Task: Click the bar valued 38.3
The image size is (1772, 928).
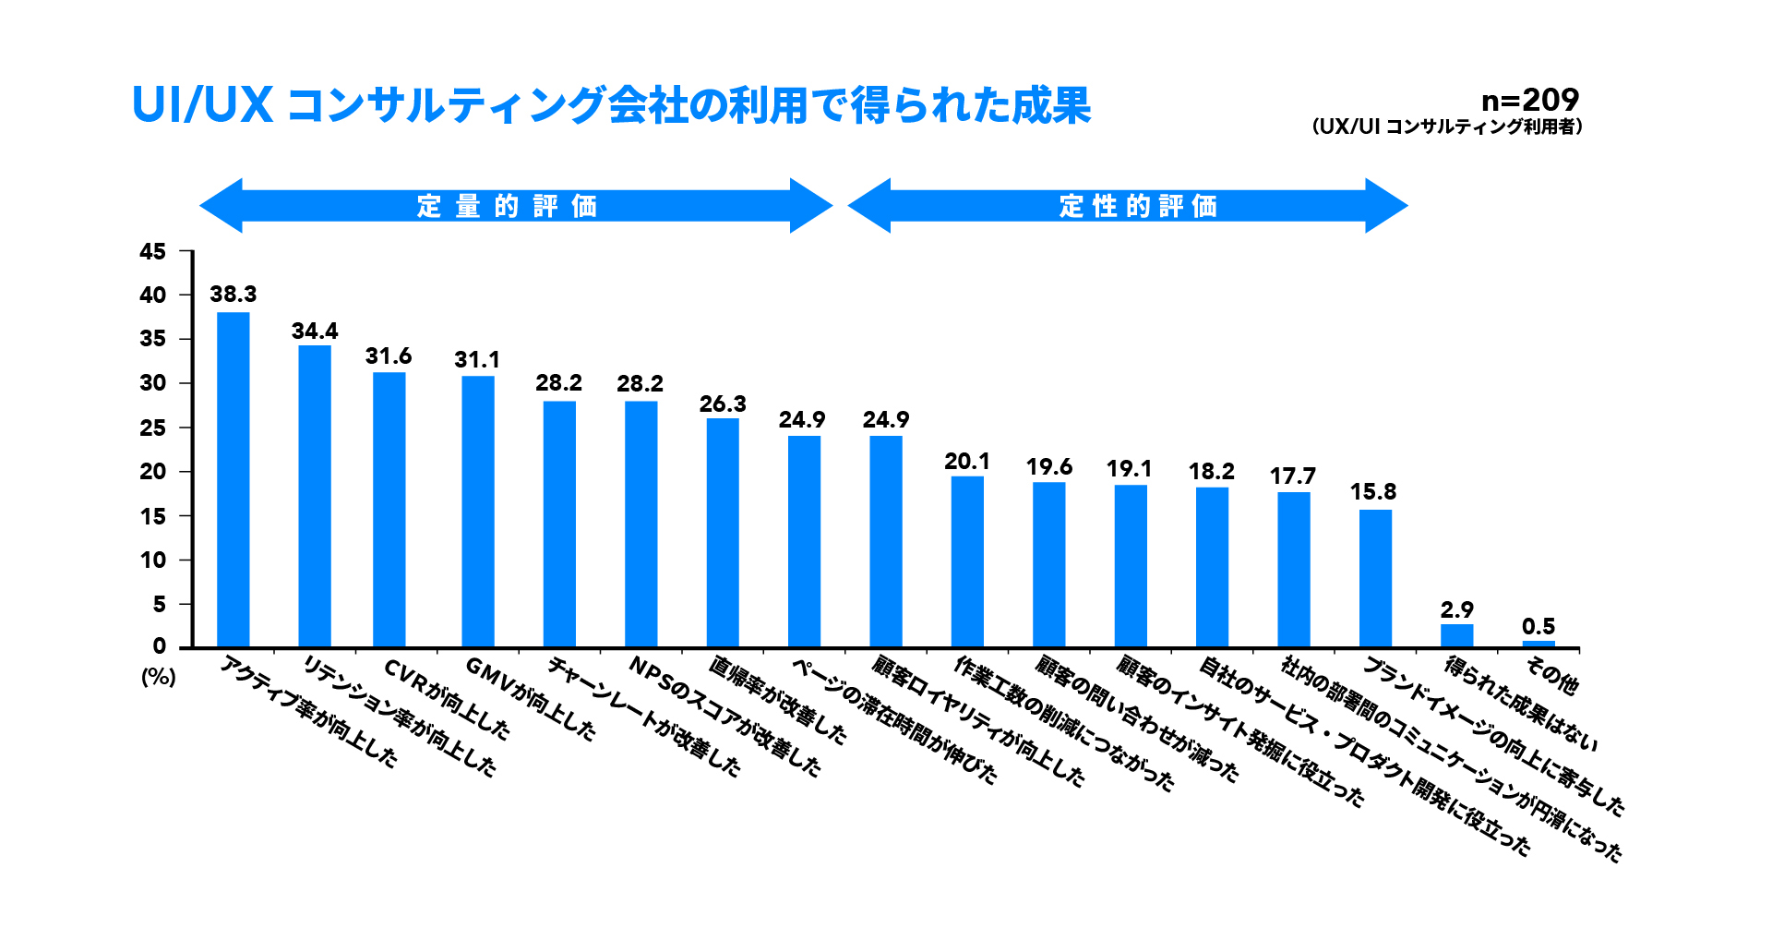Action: coord(233,480)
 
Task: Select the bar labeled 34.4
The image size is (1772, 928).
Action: coord(315,496)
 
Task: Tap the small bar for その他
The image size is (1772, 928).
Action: coord(1539,644)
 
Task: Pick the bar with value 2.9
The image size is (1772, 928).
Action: coord(1456,635)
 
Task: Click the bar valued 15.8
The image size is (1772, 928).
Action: coord(1375,578)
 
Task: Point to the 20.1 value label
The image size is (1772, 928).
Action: coord(966,462)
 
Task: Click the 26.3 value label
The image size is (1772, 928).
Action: coord(723,404)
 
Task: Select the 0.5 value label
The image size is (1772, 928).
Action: coord(1539,627)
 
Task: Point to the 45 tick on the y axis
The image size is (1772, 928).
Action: coord(153,251)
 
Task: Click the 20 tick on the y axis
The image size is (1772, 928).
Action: coord(153,472)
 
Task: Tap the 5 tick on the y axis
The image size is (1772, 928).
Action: coord(159,604)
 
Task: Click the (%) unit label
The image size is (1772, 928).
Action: coord(159,677)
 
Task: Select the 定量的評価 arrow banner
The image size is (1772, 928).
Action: coord(515,206)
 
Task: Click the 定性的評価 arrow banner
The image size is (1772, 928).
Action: coord(1128,206)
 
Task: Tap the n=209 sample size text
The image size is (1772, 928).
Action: coord(1529,100)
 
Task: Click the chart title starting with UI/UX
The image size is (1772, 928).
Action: coord(611,105)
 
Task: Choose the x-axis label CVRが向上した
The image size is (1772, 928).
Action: coord(447,699)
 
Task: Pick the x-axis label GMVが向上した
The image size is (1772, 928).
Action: coord(531,698)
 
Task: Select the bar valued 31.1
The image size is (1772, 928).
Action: coord(478,512)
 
